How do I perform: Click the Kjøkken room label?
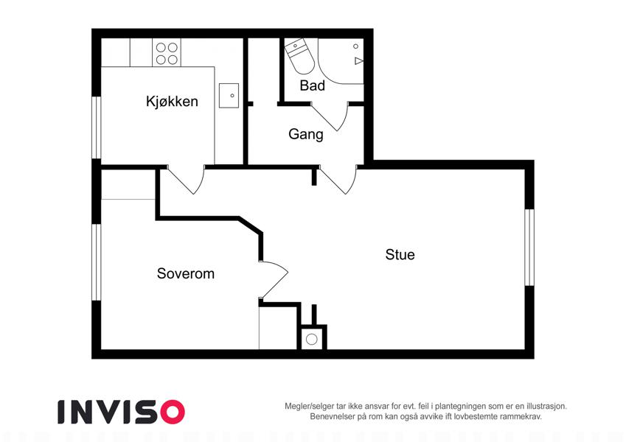click(172, 102)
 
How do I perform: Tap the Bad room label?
click(312, 85)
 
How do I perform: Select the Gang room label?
click(306, 134)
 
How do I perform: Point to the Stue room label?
click(400, 254)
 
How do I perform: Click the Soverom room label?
click(186, 273)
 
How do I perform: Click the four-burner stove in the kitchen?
click(167, 54)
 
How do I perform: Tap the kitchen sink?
click(229, 95)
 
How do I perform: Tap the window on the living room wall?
click(529, 248)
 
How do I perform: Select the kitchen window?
click(97, 127)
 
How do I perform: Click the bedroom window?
click(97, 262)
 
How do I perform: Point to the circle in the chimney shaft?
click(312, 340)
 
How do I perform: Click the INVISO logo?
click(121, 412)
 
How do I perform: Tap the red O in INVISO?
click(172, 412)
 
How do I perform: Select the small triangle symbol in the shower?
click(358, 61)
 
